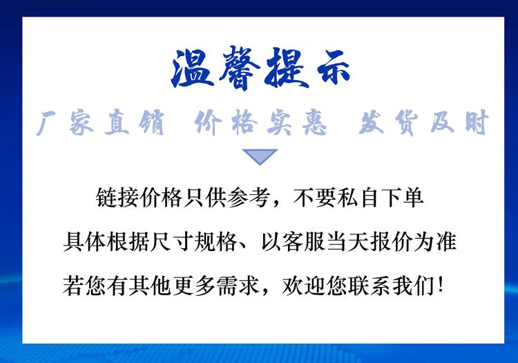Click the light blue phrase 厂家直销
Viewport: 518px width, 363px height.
click(100, 122)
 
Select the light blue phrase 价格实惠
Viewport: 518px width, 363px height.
click(260, 122)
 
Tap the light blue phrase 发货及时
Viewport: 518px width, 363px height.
click(424, 122)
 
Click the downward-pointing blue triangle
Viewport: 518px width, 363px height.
click(260, 157)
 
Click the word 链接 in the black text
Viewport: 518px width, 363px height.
click(117, 198)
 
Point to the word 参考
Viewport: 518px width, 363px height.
click(249, 198)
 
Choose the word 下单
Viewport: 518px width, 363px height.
click(402, 198)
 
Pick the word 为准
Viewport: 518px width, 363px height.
click(435, 242)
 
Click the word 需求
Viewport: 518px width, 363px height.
click(238, 286)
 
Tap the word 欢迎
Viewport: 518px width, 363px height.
click(304, 286)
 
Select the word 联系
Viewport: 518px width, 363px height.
click(370, 286)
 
